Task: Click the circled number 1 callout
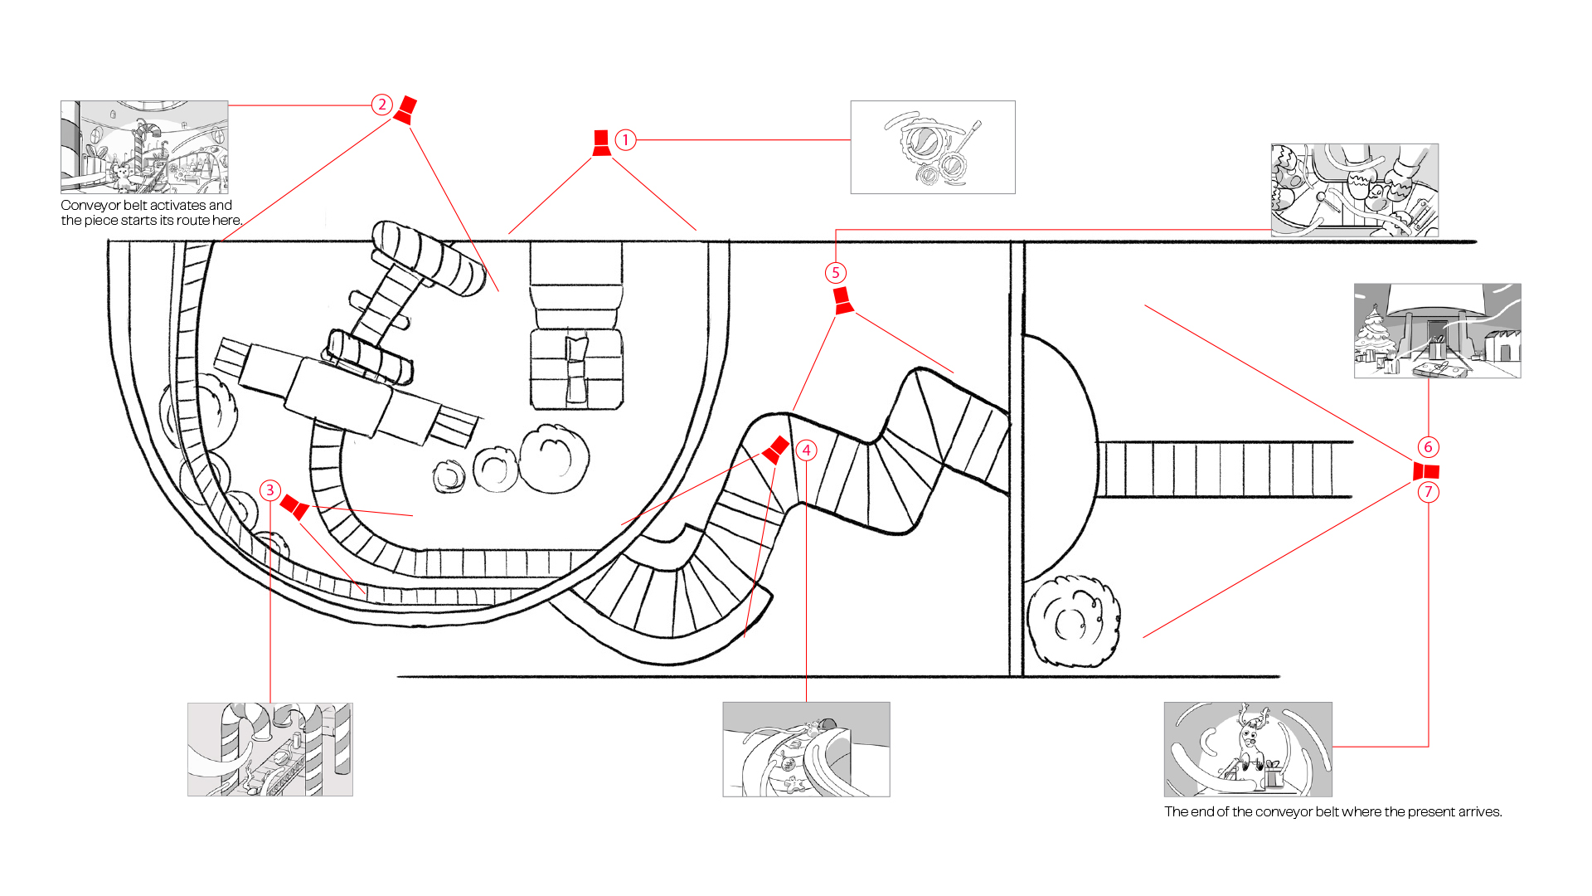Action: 626,140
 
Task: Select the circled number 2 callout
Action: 381,105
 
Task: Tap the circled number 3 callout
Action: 269,490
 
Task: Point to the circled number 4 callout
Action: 806,450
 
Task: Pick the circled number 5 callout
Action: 836,273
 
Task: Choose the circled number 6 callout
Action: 1428,447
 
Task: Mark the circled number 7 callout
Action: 1428,492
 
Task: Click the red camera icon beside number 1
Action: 602,143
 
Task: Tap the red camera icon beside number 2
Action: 405,110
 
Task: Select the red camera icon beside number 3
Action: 295,507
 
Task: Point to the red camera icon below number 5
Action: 842,300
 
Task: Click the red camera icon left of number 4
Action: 775,450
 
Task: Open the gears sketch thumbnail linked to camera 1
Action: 933,148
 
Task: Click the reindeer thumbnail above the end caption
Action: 1248,750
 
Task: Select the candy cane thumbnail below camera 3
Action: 270,750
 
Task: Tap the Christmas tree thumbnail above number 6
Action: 1438,331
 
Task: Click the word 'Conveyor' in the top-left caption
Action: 92,205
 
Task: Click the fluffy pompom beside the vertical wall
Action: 1074,621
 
